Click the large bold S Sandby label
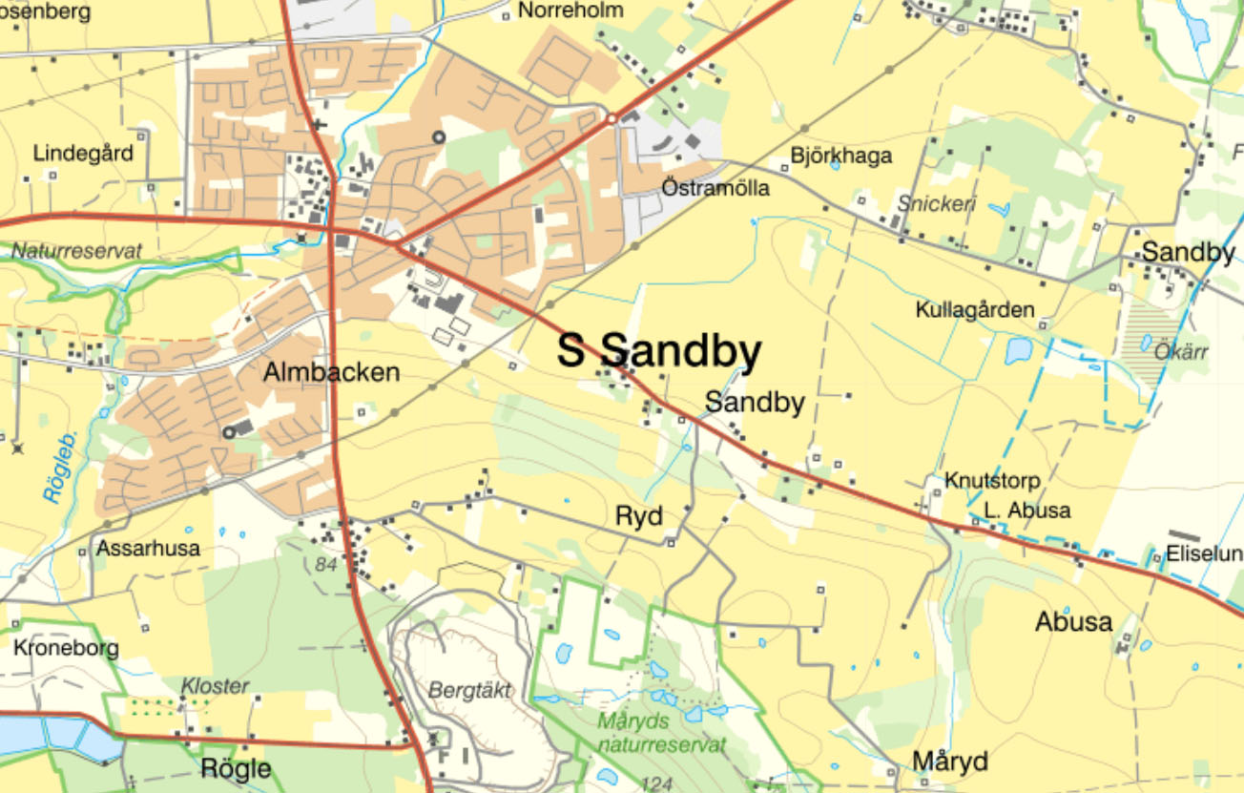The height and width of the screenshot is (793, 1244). point(659,351)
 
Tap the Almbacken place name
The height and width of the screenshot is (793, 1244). point(331,372)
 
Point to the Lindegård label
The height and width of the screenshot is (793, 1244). point(83,153)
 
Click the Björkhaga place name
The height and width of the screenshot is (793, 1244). point(841,156)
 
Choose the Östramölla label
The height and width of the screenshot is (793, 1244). point(715,188)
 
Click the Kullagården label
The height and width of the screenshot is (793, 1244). point(975,310)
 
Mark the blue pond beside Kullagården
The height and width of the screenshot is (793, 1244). point(1018,351)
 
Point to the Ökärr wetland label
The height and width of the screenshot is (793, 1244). point(1181,352)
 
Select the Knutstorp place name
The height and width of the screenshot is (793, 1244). point(992,480)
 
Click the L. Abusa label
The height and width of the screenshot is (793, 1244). point(1027,511)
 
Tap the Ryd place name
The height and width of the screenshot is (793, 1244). point(638,516)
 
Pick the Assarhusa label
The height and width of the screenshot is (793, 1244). point(148,549)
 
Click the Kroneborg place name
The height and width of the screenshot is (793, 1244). point(67,649)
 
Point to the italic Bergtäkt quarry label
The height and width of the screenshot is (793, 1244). point(470,689)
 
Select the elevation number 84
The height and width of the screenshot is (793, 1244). point(326,565)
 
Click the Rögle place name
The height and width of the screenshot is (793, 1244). point(236,768)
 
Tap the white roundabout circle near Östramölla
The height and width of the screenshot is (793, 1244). point(612,118)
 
